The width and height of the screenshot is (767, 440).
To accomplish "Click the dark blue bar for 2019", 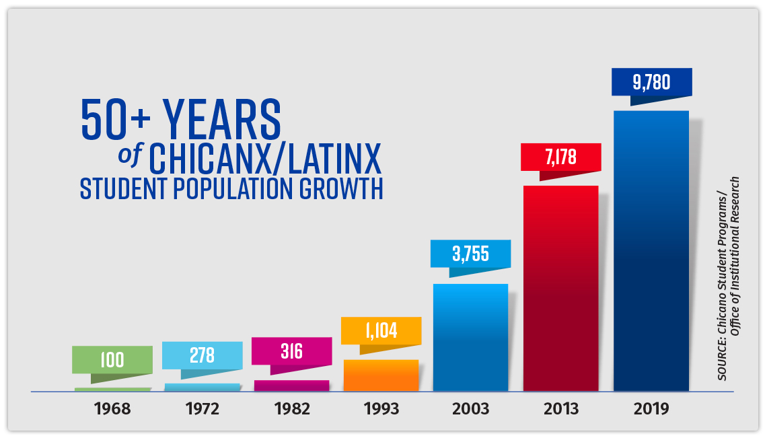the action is pos(651,251).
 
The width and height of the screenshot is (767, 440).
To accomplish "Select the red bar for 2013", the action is pos(561,289).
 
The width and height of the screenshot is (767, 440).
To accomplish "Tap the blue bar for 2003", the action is pos(470,337).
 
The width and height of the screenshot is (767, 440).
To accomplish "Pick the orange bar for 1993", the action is pos(381,375).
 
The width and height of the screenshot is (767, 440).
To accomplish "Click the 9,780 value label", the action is pos(651,82).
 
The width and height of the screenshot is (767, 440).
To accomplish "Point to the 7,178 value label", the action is pos(560,157).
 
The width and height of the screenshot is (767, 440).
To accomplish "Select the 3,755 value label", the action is pos(470,254).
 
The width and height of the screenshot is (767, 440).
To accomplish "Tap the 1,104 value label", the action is pos(381,330).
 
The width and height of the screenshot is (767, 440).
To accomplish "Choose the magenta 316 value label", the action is pos(291,351).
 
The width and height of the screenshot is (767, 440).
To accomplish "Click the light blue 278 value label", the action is pos(202,355).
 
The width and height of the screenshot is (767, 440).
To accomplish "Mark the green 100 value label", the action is pos(112,360).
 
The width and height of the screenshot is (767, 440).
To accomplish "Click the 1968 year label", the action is pos(112,408).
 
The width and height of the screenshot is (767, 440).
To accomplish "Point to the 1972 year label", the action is pos(202,408).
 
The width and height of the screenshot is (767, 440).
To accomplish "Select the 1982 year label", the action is pos(292,408).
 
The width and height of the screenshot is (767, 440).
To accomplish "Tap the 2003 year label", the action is pos(470,408).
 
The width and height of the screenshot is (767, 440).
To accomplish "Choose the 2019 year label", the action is pos(651,408).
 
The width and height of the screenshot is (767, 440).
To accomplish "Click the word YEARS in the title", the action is pos(222,119).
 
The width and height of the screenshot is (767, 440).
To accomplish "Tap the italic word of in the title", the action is pos(130,155).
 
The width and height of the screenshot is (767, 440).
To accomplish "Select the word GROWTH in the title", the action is pos(341,188).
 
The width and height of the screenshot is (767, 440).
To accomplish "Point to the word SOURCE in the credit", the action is pos(722,359).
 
